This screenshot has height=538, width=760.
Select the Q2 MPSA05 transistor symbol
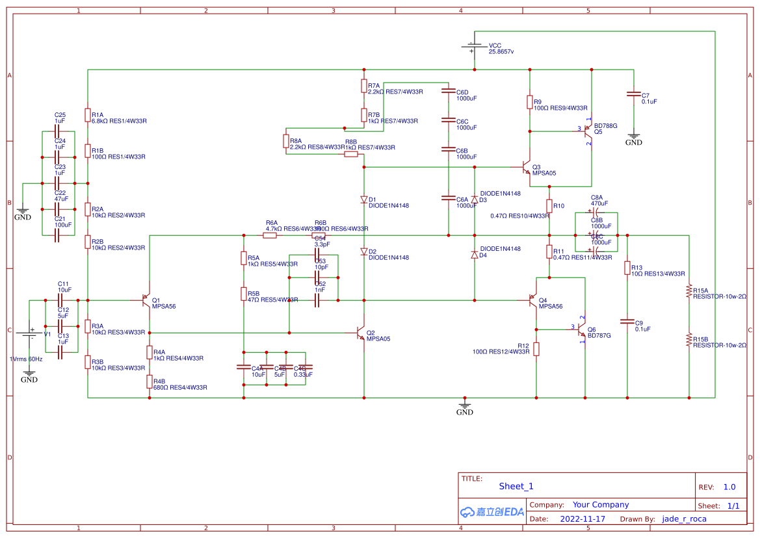[x=361, y=333]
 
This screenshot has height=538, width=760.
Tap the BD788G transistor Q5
[x=588, y=131]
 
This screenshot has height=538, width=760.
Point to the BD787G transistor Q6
[x=582, y=330]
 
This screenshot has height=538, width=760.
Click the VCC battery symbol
[x=475, y=47]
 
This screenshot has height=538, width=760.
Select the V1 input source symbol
[x=29, y=334]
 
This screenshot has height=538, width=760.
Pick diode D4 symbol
[x=475, y=255]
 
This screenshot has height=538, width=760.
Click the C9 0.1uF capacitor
[x=627, y=321]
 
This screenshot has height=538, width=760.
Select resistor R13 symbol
[x=627, y=268]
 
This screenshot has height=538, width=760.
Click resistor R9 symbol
[x=530, y=102]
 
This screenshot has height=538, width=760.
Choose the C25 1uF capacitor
[x=59, y=131]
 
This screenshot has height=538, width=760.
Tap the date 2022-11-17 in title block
[x=582, y=519]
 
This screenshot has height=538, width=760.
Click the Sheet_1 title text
[x=516, y=486]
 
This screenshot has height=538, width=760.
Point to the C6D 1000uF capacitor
[x=448, y=92]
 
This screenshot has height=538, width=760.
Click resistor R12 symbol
[x=536, y=349]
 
